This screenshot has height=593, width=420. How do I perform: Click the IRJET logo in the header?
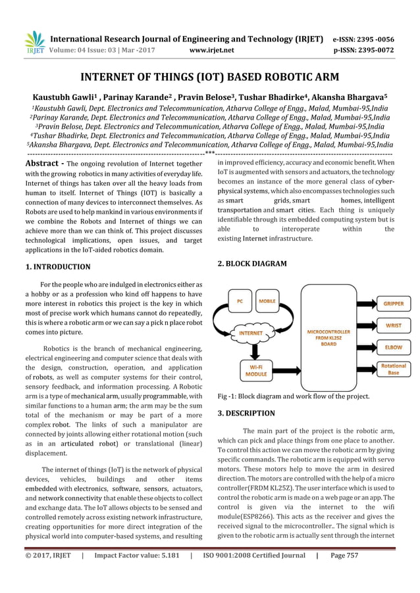pyautogui.click(x=34, y=42)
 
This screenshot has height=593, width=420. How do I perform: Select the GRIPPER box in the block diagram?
pyautogui.click(x=394, y=304)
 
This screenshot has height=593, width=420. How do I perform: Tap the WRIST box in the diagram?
pyautogui.click(x=394, y=325)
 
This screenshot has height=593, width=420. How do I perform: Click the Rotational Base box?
pyautogui.click(x=394, y=369)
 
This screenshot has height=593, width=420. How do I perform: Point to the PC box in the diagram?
pyautogui.click(x=240, y=302)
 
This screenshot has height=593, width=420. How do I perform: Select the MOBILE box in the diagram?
pyautogui.click(x=267, y=302)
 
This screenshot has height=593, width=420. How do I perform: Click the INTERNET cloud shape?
pyautogui.click(x=250, y=333)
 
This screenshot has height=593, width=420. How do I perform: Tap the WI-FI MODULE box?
pyautogui.click(x=252, y=369)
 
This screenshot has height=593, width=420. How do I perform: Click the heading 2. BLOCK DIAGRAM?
pyautogui.click(x=252, y=264)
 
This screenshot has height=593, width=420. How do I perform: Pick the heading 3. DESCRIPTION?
pyautogui.click(x=246, y=414)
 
